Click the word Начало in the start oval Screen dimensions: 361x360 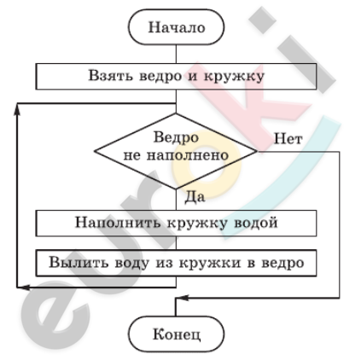[x=177, y=27]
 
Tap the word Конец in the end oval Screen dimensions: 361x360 [x=177, y=334]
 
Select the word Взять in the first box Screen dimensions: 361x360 [x=110, y=76]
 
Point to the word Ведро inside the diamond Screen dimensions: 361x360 [x=176, y=138]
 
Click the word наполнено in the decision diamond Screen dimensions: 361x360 [x=188, y=155]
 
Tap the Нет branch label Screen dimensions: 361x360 [x=288, y=139]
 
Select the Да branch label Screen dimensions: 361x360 [x=195, y=197]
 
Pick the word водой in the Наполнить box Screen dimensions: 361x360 [x=255, y=223]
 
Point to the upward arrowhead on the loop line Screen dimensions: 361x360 [x=17, y=111]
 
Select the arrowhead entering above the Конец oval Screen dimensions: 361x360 [x=182, y=298]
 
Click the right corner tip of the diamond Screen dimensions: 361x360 [x=257, y=151]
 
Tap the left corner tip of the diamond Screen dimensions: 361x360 [x=95, y=151]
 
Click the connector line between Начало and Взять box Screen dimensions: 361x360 [x=176, y=54]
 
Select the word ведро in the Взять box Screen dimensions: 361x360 [x=160, y=76]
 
